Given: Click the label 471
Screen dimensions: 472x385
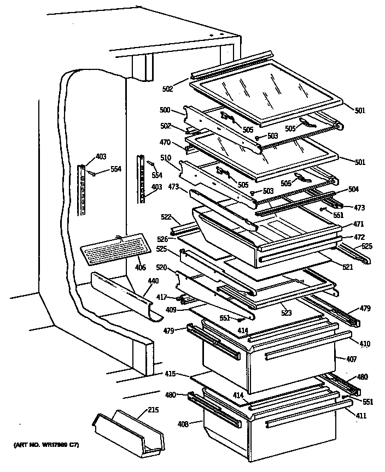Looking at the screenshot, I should (x=358, y=225).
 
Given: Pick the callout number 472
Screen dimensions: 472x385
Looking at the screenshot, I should (x=358, y=237).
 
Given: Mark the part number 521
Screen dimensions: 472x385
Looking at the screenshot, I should (x=347, y=267).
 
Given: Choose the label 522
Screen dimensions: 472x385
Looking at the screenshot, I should (x=166, y=217).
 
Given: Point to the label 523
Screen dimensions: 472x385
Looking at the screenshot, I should (x=287, y=313).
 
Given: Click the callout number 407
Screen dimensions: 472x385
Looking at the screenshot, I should (x=351, y=359).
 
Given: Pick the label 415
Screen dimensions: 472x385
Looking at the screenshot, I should (x=171, y=374).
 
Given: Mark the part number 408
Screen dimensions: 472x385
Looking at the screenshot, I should (x=183, y=423).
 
